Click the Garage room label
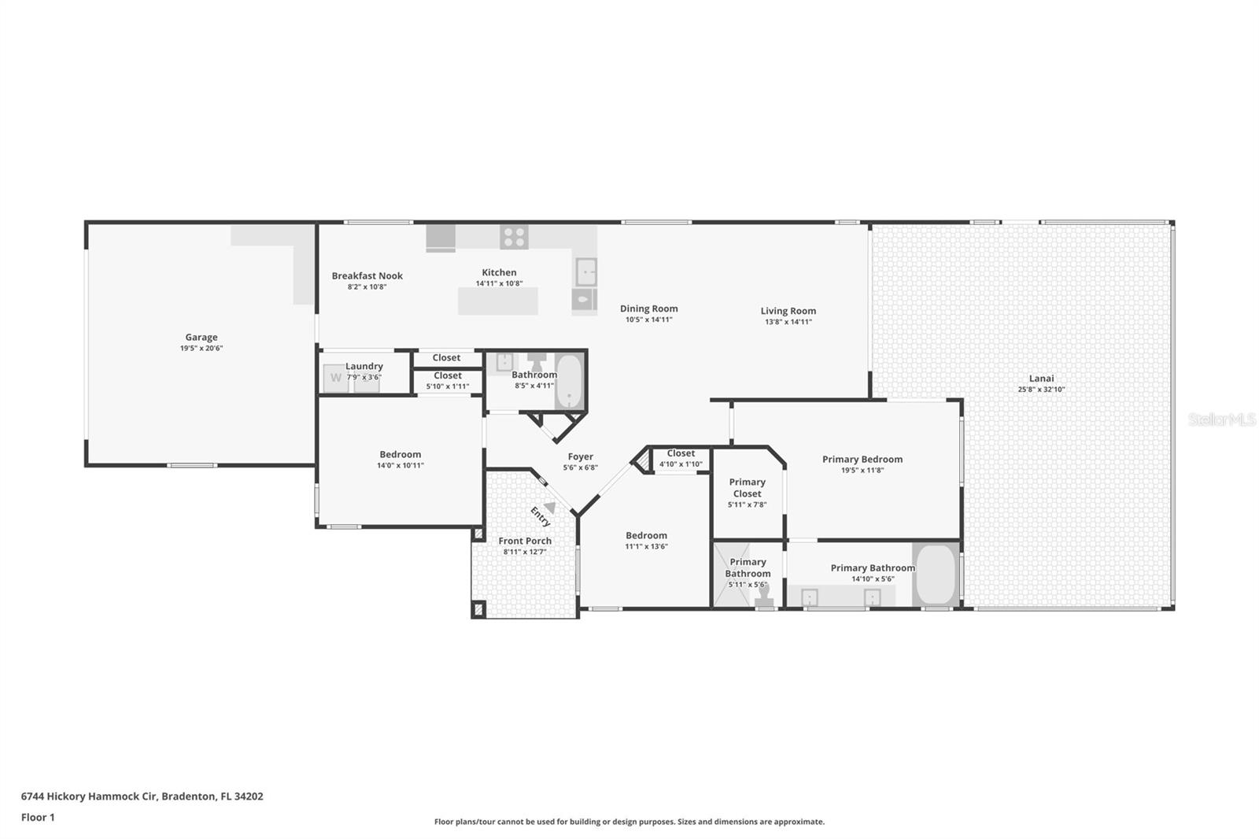pyautogui.click(x=201, y=337)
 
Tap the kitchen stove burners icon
pyautogui.click(x=514, y=236)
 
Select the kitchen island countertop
pyautogui.click(x=498, y=301)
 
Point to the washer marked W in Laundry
pyautogui.click(x=336, y=378)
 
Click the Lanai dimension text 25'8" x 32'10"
pyautogui.click(x=1041, y=390)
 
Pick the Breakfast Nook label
pyautogui.click(x=367, y=275)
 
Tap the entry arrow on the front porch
pyautogui.click(x=549, y=508)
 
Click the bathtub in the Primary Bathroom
pyautogui.click(x=936, y=575)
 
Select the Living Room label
pyautogui.click(x=788, y=311)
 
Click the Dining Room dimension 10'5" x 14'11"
pyautogui.click(x=648, y=320)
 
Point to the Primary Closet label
pyautogui.click(x=747, y=488)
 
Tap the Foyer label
pyautogui.click(x=580, y=456)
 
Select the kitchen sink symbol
pyautogui.click(x=585, y=272)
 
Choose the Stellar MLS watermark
pyautogui.click(x=1221, y=419)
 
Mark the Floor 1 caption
pyautogui.click(x=38, y=817)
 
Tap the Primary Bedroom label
pyautogui.click(x=862, y=459)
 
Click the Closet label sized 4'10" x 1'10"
pyautogui.click(x=681, y=453)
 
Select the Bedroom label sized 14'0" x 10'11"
pyautogui.click(x=400, y=454)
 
